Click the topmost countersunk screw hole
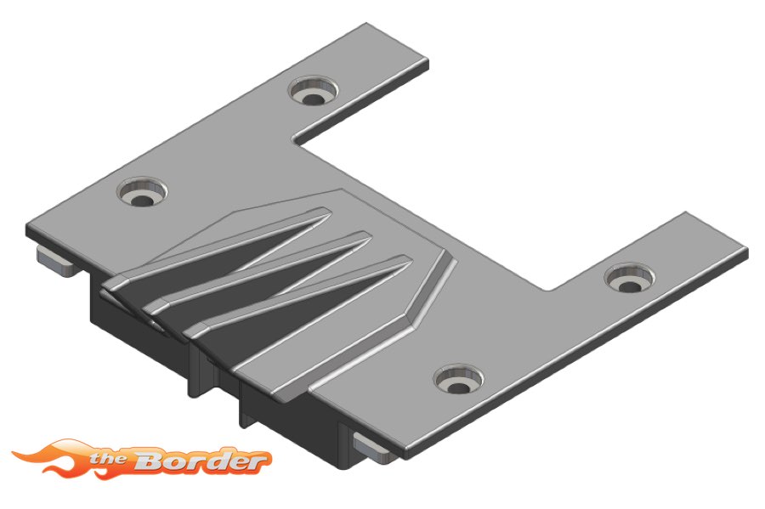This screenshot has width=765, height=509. point(313,91)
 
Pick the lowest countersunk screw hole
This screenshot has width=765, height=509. point(459,379)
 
